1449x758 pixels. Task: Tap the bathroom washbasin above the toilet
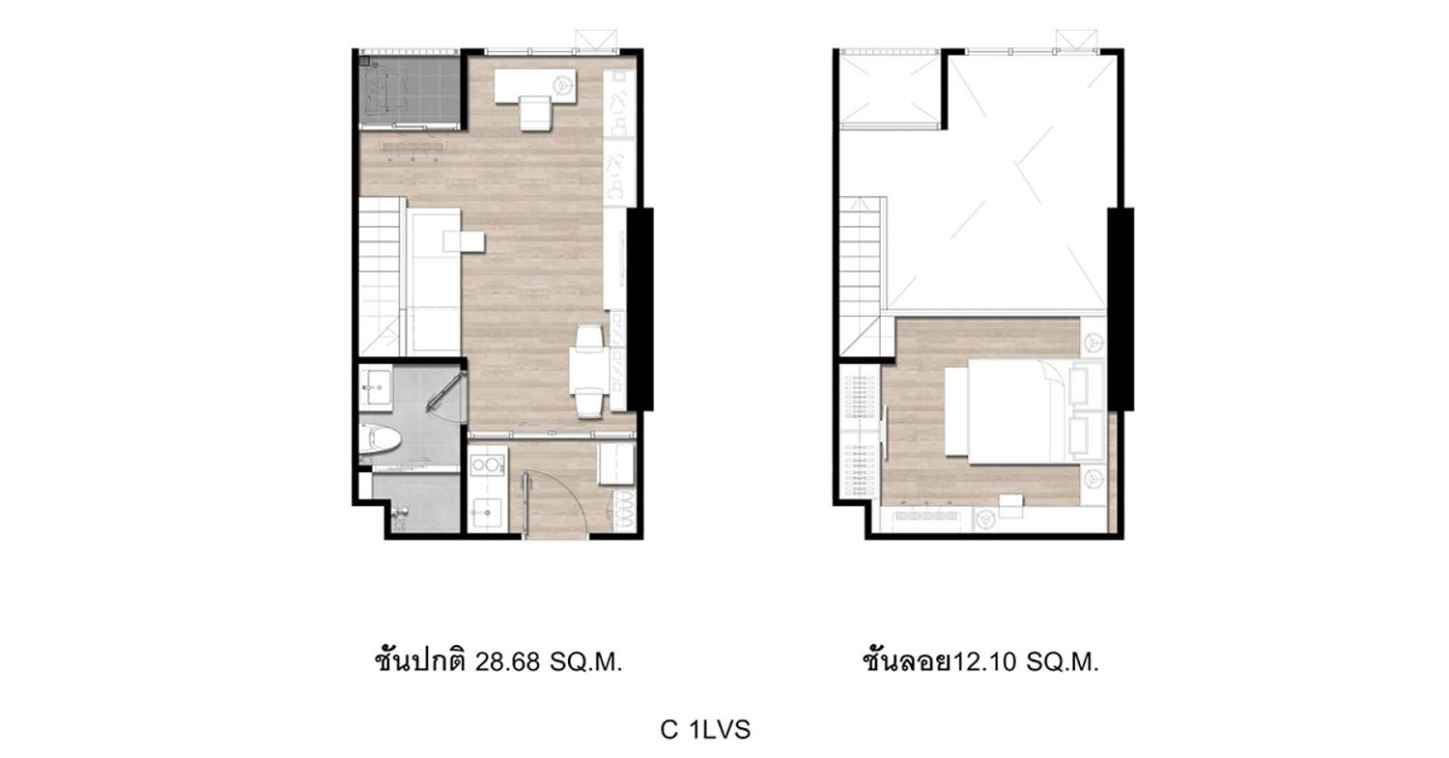coord(375,389)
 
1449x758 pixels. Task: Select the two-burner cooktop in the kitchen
coord(487,465)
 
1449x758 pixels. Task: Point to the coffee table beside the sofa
coord(464,241)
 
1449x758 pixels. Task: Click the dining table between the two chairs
coord(587,369)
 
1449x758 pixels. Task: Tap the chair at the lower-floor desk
coord(535,113)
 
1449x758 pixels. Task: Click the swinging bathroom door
coord(445,391)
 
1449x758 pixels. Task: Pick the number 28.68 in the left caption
coord(507,662)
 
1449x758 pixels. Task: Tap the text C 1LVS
coord(705,730)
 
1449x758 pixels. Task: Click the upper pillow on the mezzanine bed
coord(1080,385)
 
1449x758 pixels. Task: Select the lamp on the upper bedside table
coord(1094,340)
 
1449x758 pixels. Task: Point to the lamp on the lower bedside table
coord(1094,479)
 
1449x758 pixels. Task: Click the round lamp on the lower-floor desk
coord(563,83)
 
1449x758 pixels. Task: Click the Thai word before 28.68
coord(420,661)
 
